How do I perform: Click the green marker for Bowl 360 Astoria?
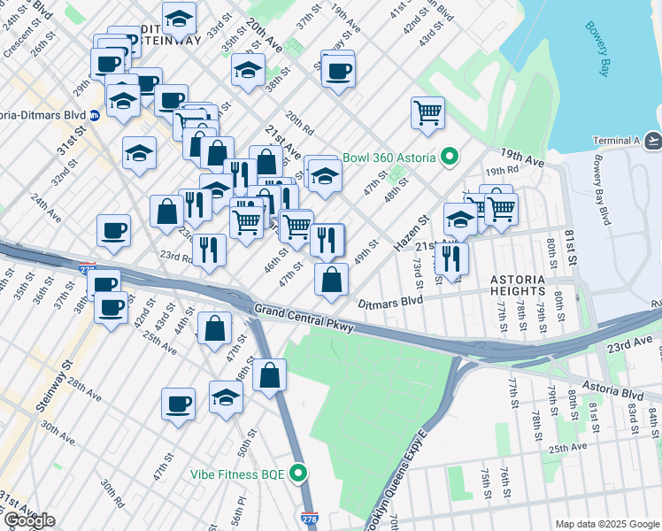[450, 158]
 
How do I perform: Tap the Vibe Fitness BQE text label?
[237, 474]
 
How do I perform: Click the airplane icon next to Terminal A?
[653, 141]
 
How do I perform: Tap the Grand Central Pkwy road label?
[304, 319]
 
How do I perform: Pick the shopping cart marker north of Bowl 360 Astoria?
[427, 112]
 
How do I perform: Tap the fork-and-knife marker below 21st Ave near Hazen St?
[452, 258]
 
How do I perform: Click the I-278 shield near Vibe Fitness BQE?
[309, 519]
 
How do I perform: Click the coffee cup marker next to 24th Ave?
[113, 231]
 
